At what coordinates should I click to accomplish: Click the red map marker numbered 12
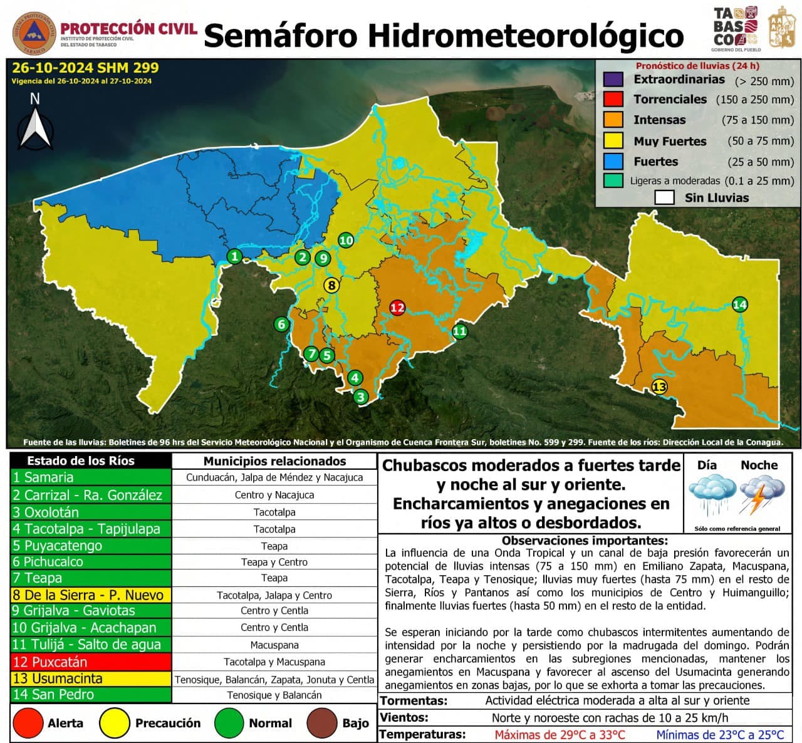click(397, 308)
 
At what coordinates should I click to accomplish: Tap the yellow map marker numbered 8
click(331, 285)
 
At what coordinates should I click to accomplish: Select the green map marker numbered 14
click(740, 304)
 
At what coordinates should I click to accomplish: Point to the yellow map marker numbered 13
click(659, 387)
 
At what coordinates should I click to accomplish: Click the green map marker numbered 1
click(234, 256)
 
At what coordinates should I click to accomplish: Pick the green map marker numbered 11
click(460, 331)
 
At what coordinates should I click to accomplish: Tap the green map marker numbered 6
click(281, 324)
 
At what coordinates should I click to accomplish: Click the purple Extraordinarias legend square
click(613, 80)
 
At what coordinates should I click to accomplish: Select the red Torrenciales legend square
click(613, 99)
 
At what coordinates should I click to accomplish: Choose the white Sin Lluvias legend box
click(664, 197)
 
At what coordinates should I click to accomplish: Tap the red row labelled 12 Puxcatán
click(91, 662)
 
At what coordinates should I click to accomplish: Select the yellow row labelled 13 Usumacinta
click(91, 678)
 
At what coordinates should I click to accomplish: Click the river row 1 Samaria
click(91, 477)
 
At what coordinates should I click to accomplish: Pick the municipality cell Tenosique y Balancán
click(274, 695)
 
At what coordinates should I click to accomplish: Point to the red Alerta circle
click(28, 723)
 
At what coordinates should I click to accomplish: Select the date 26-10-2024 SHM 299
click(85, 68)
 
